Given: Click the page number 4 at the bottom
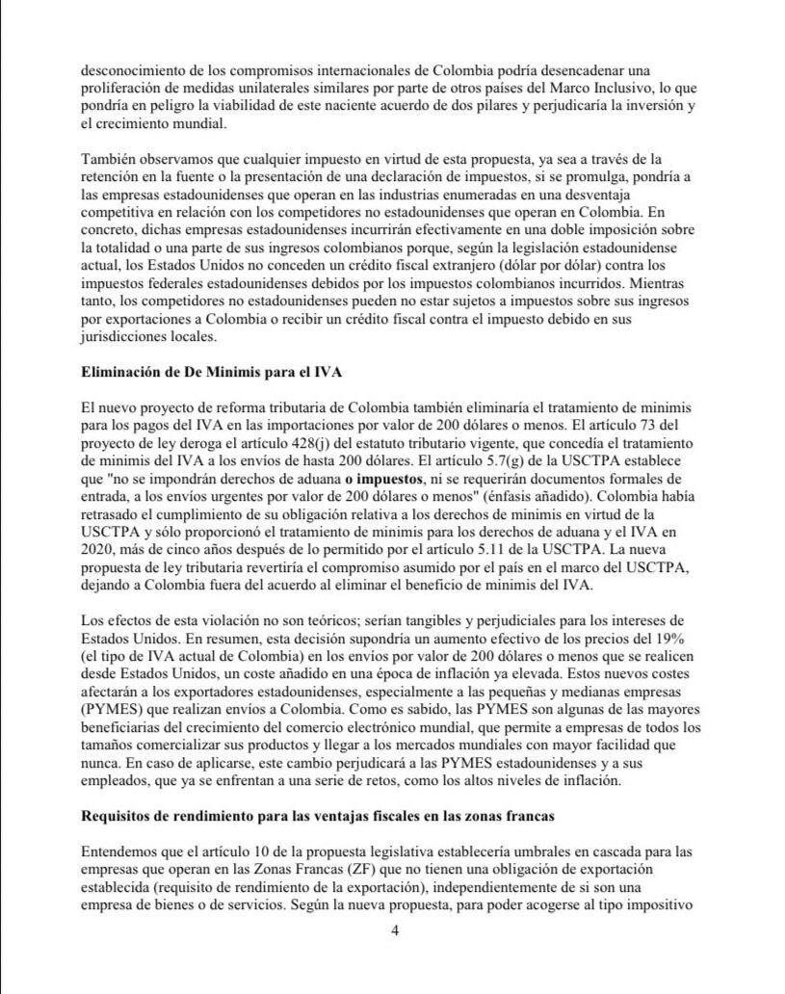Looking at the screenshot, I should coord(394,930).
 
